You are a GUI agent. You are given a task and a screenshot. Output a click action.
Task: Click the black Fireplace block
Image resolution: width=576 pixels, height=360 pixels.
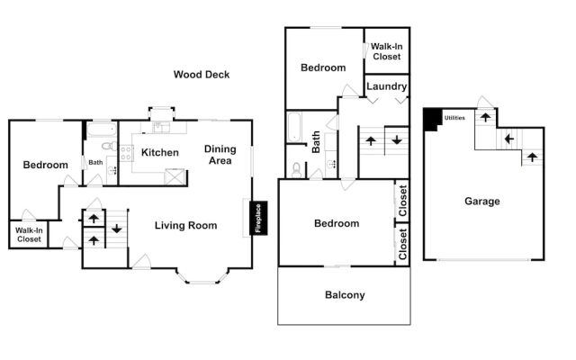pyautogui.click(x=258, y=218)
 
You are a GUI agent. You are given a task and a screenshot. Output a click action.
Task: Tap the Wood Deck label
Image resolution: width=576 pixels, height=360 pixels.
pyautogui.click(x=202, y=75)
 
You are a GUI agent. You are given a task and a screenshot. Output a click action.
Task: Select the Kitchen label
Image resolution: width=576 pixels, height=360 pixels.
pyautogui.click(x=160, y=152)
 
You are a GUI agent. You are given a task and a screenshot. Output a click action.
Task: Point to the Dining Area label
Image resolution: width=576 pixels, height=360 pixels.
pyautogui.click(x=220, y=155)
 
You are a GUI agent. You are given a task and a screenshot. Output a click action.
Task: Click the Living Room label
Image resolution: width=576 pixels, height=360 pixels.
pyautogui.click(x=185, y=225)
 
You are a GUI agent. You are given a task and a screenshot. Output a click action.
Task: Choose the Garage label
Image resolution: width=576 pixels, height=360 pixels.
pyautogui.click(x=482, y=202)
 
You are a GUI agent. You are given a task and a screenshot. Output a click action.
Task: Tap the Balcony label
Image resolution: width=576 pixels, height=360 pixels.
pyautogui.click(x=345, y=295)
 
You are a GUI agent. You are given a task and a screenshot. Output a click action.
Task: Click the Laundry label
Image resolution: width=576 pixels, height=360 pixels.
pyautogui.click(x=386, y=86)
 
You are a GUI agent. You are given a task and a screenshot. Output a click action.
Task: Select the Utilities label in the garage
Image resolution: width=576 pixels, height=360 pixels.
pyautogui.click(x=454, y=118)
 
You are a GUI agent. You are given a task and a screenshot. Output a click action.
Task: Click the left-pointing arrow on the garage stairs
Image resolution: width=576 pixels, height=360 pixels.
pyautogui.click(x=508, y=139)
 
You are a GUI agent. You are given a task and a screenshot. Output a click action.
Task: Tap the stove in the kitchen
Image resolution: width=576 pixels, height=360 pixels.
pyautogui.click(x=126, y=154)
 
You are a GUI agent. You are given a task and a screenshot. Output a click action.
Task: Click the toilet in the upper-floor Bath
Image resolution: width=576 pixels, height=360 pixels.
pyautogui.click(x=296, y=170)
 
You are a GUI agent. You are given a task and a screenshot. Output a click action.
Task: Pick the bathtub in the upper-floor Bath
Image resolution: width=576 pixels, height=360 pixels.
pyautogui.click(x=294, y=128)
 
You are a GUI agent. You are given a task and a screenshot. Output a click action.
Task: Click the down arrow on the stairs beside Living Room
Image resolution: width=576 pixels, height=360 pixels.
pyautogui.click(x=116, y=229)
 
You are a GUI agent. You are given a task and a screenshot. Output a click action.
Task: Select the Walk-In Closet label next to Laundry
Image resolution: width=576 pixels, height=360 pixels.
pyautogui.click(x=386, y=51)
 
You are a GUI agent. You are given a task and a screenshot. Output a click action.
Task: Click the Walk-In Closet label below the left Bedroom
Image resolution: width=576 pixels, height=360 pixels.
pyautogui.click(x=29, y=235)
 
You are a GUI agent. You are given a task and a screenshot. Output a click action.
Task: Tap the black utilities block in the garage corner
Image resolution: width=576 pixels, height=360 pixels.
pyautogui.click(x=432, y=119)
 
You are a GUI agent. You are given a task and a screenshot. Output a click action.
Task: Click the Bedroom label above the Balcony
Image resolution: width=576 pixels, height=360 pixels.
pyautogui.click(x=337, y=223)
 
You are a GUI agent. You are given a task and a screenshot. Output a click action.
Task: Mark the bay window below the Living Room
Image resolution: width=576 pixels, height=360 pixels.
pyautogui.click(x=202, y=276)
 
